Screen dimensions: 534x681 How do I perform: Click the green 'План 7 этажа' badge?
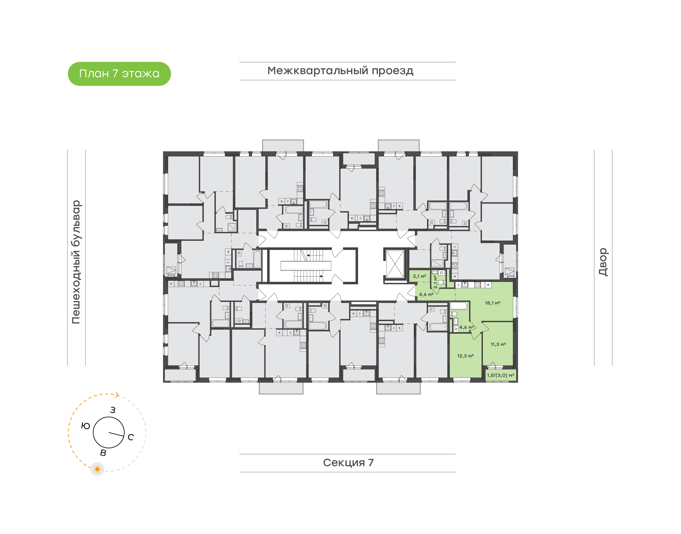119,74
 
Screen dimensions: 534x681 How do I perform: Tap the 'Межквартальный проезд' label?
340,71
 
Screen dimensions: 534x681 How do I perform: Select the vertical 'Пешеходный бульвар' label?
76,262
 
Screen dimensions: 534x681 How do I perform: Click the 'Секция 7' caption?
348,462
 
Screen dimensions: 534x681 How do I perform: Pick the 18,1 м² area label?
492,303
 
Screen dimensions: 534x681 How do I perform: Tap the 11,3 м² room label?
498,344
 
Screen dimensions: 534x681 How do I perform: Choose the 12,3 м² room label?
465,356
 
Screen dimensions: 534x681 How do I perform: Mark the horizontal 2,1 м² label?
419,276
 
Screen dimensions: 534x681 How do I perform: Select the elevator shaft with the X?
395,264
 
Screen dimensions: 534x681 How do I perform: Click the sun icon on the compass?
97,469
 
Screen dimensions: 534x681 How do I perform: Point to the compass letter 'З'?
113,410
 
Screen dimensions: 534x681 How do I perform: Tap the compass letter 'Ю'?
85,426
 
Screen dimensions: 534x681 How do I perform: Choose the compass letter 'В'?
103,453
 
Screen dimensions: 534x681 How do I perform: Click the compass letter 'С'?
131,437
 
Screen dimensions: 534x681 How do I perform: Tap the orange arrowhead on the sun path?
117,395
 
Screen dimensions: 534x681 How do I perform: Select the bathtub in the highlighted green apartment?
458,306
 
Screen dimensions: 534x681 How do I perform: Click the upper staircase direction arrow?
308,255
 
